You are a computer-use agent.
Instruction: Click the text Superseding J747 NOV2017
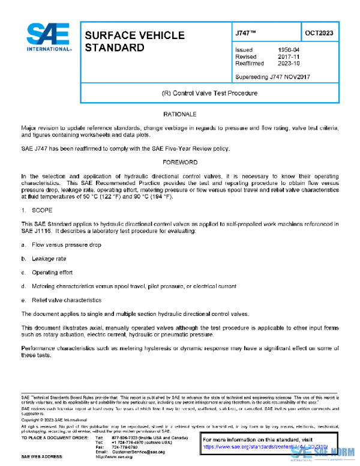[272, 77]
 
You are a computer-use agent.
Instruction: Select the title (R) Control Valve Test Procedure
[210, 94]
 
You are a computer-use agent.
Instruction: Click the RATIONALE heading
[180, 114]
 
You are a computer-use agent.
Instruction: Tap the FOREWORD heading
[180, 162]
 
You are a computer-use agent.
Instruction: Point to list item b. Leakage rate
[49, 259]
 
